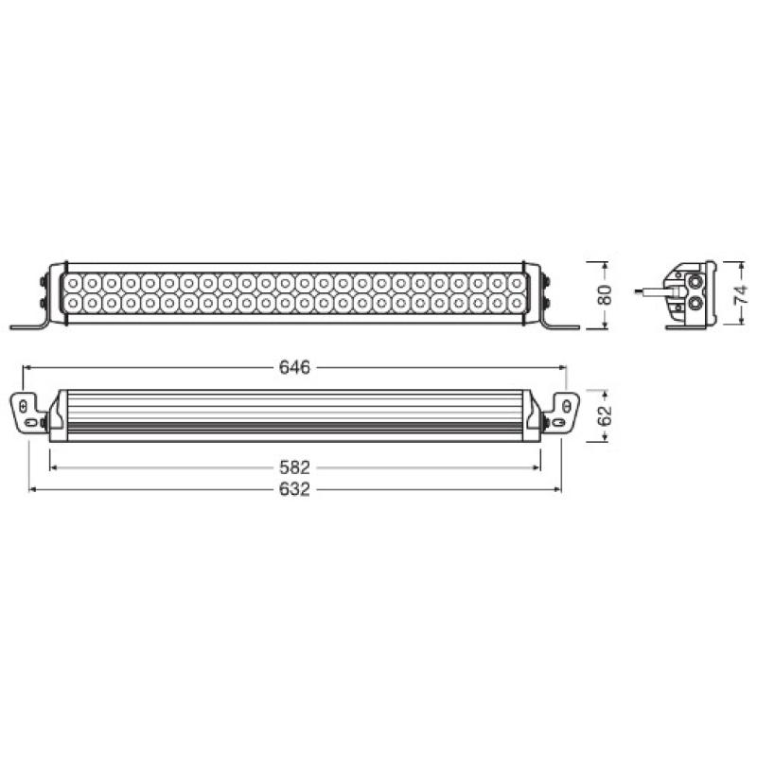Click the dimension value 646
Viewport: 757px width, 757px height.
295,366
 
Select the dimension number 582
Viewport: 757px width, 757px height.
295,467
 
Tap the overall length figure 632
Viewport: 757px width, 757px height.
295,489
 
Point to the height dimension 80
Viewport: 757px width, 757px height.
606,294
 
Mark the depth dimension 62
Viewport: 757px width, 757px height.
606,414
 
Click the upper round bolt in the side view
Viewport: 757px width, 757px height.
695,281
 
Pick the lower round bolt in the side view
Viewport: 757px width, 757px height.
695,302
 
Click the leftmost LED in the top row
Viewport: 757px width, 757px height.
73,283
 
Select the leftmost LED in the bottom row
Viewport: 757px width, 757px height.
73,303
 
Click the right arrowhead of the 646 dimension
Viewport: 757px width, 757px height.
561,366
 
